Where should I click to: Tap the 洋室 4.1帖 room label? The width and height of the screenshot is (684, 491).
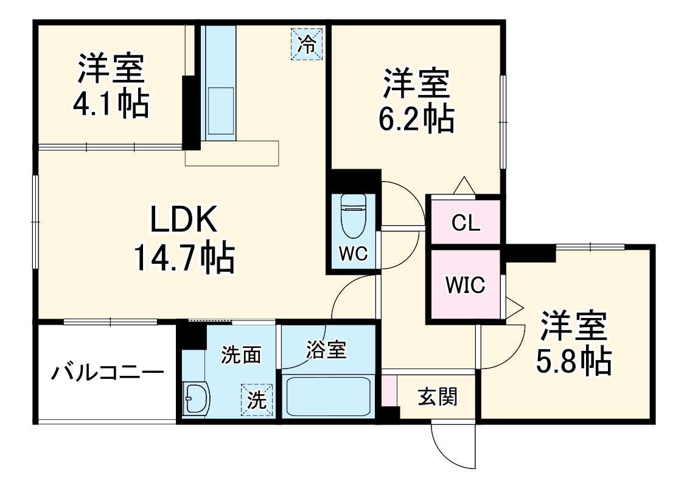tap(111, 85)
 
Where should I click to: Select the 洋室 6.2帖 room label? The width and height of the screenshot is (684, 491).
tap(417, 101)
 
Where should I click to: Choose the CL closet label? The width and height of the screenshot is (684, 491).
tap(466, 223)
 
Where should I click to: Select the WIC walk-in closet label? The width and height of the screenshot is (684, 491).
tap(465, 284)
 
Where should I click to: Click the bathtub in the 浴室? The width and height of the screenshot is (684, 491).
tap(326, 395)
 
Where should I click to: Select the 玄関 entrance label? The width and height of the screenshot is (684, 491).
tap(437, 397)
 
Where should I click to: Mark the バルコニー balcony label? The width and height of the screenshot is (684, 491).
tap(107, 372)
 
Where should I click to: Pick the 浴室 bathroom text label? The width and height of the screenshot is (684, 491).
tap(326, 350)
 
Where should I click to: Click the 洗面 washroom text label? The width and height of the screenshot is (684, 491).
tap(241, 355)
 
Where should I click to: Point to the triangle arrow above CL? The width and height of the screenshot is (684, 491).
tap(464, 185)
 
